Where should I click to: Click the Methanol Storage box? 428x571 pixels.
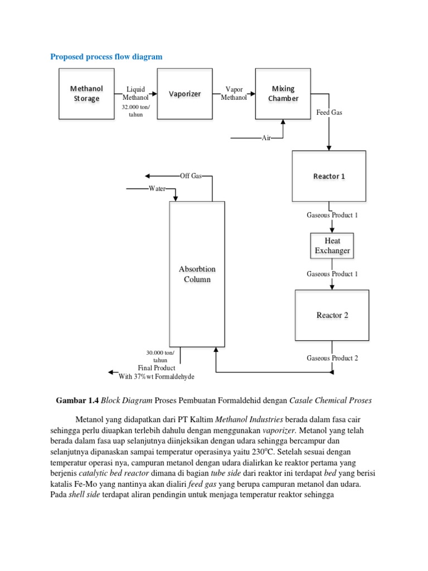coord(86,94)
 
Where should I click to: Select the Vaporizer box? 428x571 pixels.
coord(184,94)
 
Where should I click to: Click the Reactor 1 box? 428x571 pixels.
coord(329,176)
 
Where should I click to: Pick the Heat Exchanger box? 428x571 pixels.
coord(332,246)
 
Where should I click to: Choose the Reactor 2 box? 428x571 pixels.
coord(332,315)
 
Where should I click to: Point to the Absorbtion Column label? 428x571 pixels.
coord(197,274)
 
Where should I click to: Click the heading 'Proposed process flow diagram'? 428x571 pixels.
coord(106,56)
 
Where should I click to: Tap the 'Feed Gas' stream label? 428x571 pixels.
coord(329,113)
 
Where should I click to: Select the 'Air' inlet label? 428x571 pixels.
coord(266,138)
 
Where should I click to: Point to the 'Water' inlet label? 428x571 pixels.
coord(157,189)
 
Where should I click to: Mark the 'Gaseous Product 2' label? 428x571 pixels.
coord(332,358)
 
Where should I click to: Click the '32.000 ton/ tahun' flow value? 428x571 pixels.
coord(135,110)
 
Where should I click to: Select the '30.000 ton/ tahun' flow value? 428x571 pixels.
coord(160,356)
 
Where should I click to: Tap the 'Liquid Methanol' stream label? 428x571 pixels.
coord(135,94)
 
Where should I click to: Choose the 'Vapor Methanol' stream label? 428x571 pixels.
coord(234,94)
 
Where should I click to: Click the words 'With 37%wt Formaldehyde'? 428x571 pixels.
coord(157,376)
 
